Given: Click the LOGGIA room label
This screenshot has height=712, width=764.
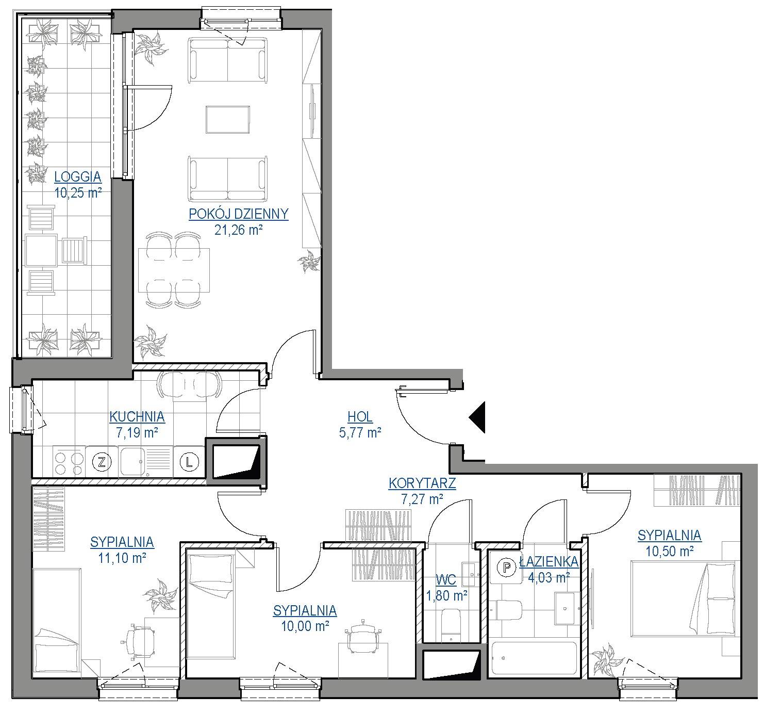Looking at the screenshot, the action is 78,177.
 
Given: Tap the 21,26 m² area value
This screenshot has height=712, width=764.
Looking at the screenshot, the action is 238,230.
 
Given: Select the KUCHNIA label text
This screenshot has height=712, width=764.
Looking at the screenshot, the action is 137,417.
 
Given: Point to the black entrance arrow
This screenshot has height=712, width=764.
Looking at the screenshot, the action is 477,417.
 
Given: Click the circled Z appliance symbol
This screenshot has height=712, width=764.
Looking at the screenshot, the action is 102,461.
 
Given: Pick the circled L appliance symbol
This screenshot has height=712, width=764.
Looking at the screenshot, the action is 189,461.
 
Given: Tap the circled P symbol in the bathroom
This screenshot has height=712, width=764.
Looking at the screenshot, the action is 507,567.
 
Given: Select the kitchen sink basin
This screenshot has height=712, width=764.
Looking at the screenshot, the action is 132,462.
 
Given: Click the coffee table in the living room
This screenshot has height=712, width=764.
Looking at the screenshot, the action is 228,120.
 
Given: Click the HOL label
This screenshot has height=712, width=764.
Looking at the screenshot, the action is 360,417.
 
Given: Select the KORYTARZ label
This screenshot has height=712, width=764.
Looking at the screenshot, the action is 422,483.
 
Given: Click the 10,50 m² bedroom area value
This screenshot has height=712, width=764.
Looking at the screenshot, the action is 669,552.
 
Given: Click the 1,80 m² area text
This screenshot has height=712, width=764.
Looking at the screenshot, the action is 446,596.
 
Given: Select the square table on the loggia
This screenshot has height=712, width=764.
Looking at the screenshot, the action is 41,251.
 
